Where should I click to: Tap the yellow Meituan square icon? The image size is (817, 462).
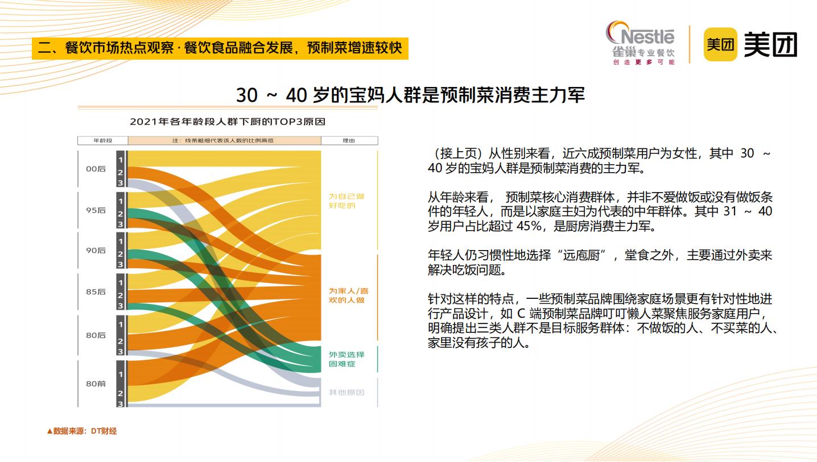(x=720, y=44)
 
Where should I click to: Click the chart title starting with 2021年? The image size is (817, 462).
(x=228, y=122)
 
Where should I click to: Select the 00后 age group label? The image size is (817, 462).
(x=96, y=169)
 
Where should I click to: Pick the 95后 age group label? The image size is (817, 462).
(x=96, y=210)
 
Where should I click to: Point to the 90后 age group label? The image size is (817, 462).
(x=96, y=250)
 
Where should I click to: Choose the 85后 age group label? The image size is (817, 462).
(x=96, y=292)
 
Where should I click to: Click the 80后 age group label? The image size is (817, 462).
(x=96, y=335)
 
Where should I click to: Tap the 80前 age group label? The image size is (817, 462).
(x=96, y=384)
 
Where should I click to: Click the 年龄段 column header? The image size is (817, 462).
(x=103, y=140)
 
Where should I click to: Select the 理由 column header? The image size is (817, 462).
(x=349, y=140)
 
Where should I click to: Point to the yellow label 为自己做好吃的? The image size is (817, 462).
(x=346, y=201)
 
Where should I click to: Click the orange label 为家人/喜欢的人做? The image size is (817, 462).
(x=349, y=295)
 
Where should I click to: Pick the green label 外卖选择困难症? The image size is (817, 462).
(x=346, y=359)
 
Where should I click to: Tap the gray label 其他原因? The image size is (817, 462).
(x=346, y=393)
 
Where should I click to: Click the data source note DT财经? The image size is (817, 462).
(x=82, y=431)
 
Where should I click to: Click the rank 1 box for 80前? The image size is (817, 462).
(x=121, y=374)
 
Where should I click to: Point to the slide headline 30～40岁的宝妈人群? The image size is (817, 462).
(x=411, y=95)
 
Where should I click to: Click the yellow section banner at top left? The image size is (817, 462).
(x=220, y=48)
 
